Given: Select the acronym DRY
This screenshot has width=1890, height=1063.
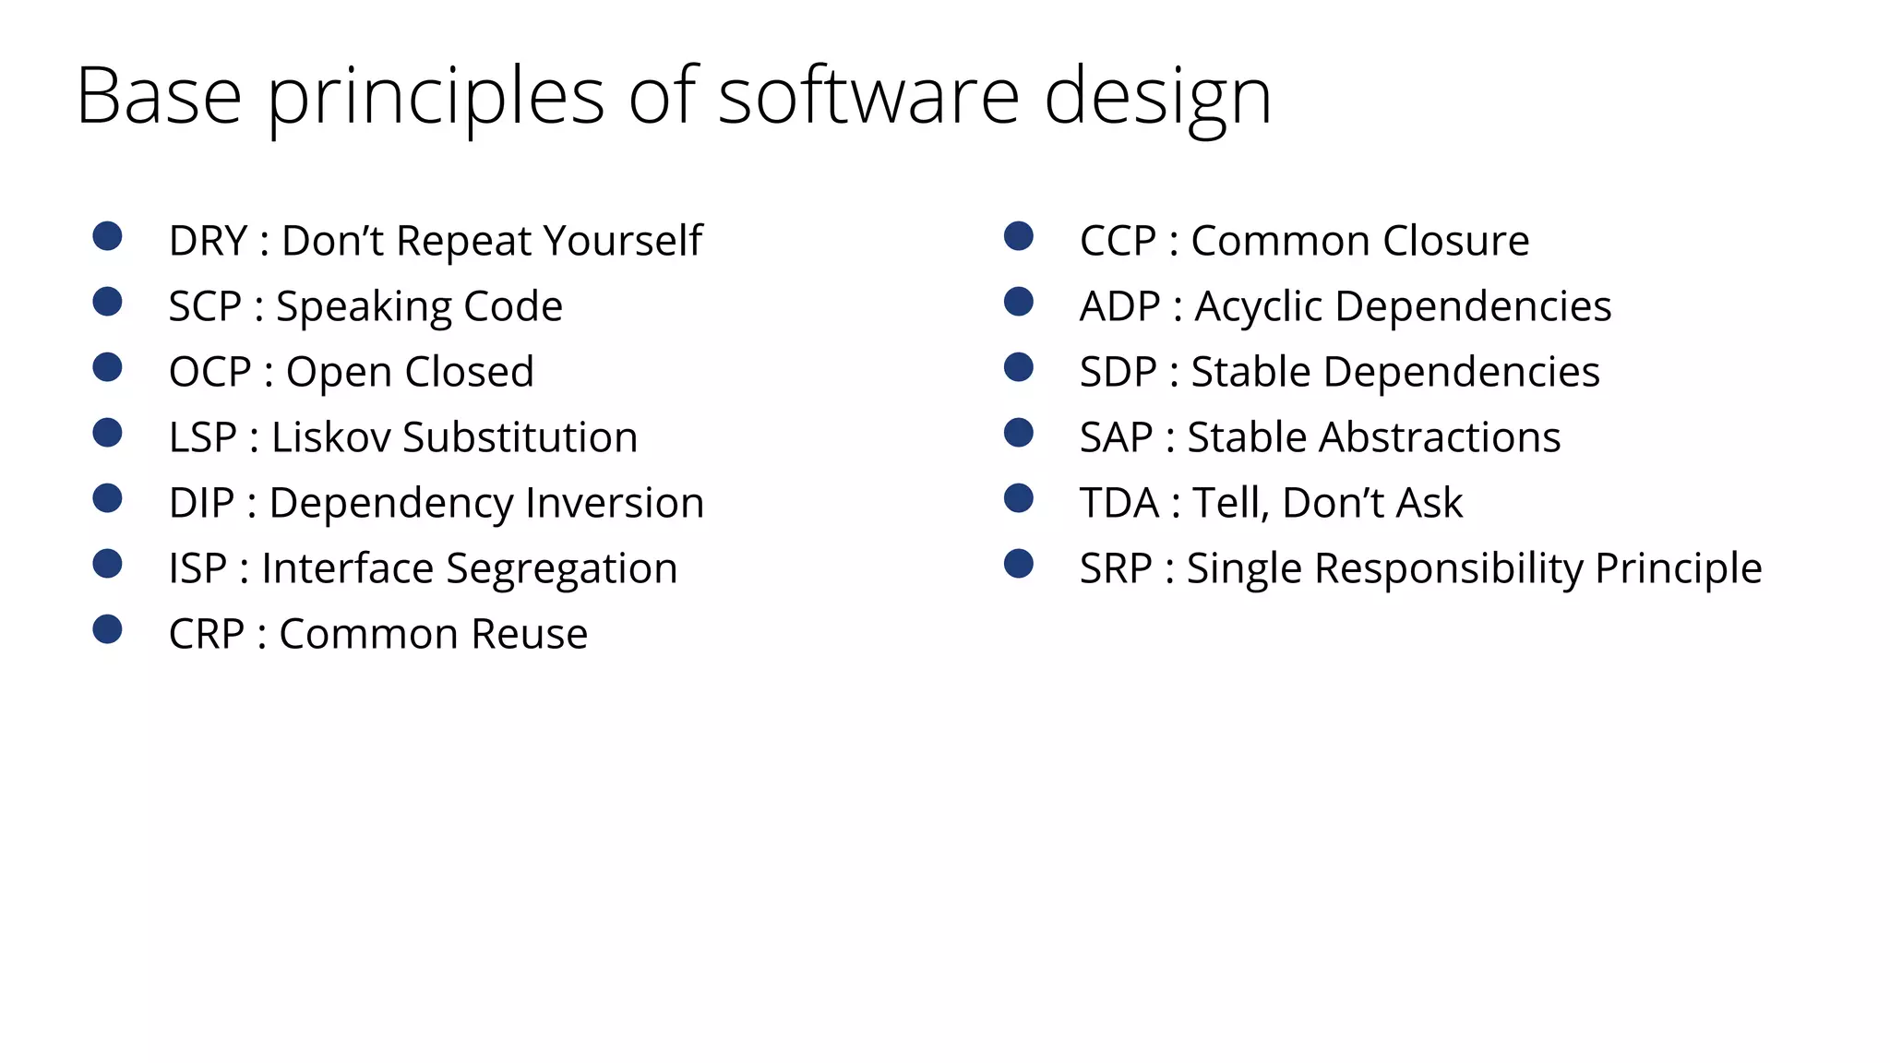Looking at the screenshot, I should (x=208, y=241).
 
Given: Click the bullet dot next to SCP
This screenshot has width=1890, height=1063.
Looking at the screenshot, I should (x=108, y=302).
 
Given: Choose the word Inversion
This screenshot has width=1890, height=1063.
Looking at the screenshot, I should (x=615, y=503).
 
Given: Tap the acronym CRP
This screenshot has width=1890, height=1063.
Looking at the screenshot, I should (x=207, y=634).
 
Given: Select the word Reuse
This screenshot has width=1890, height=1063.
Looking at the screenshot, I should (x=529, y=634).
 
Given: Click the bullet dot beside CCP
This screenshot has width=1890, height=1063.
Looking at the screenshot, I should (x=1019, y=236).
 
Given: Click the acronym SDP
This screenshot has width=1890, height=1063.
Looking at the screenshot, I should (x=1118, y=372).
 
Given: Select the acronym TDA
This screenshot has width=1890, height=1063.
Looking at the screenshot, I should (x=1118, y=503).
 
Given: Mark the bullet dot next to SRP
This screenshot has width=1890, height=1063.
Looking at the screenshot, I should (x=1019, y=564).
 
